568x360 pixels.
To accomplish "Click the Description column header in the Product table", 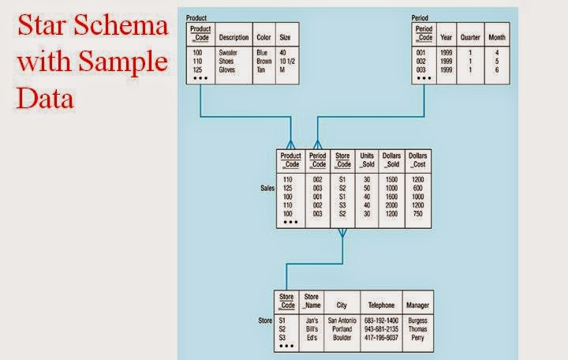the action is [234, 37].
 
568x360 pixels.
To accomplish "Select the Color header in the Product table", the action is [263, 37].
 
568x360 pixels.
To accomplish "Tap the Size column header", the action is [285, 37].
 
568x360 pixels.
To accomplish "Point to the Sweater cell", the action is [228, 54].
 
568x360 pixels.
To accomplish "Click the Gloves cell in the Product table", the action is [227, 69].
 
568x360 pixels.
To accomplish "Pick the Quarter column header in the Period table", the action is [470, 37].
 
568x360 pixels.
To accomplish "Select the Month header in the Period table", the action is [497, 37].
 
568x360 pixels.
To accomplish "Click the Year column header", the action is [447, 37].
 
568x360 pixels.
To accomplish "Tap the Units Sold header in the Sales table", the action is [367, 160].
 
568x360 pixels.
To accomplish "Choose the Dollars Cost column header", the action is [418, 160].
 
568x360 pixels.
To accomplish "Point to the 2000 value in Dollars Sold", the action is [392, 205].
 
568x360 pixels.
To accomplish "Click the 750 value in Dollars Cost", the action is [418, 213].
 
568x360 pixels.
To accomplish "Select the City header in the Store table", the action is [342, 305].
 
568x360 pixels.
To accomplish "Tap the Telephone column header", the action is [380, 305].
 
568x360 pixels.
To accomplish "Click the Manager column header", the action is [417, 305].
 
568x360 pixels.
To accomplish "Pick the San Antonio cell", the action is [342, 321].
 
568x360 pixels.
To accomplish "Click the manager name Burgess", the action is [417, 321].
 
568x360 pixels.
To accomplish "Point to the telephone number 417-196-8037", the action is [380, 337].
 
